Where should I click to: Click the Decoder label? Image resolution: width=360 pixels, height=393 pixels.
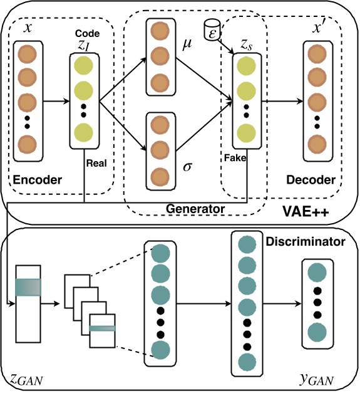click(x=311, y=180)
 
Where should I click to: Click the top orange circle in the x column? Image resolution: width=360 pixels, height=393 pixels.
click(x=27, y=55)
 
